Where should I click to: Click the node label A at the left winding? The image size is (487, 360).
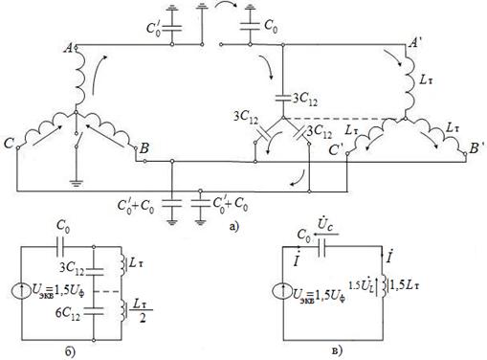[68, 48]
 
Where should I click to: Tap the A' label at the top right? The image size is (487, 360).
[415, 42]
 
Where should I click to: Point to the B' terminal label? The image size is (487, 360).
[476, 148]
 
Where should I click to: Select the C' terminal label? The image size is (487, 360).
[336, 149]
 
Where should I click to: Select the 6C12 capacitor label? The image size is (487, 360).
[68, 313]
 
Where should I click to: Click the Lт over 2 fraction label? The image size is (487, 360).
[140, 311]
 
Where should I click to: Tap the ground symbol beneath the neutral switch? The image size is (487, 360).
[76, 183]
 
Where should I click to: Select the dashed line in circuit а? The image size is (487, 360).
[341, 119]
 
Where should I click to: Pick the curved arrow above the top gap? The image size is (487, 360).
[227, 6]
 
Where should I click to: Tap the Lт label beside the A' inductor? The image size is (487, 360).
[427, 79]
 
